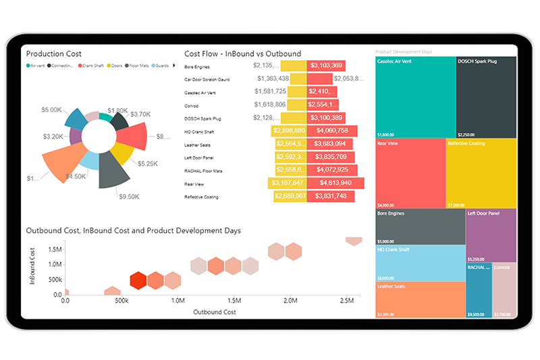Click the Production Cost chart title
click(x=54, y=53)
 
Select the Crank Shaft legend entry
click(x=92, y=66)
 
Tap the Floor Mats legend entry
click(x=138, y=66)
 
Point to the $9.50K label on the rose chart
click(x=129, y=197)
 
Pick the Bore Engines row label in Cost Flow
click(x=197, y=67)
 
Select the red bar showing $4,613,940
click(x=335, y=183)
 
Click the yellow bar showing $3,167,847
click(x=287, y=183)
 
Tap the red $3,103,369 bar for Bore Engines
click(x=327, y=66)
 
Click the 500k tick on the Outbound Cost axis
click(x=122, y=300)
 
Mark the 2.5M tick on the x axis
click(x=347, y=300)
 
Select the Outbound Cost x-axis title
click(x=215, y=312)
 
